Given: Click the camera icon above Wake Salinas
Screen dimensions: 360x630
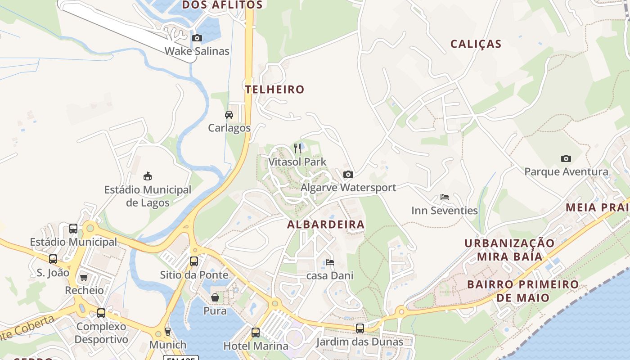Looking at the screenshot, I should pyautogui.click(x=197, y=38).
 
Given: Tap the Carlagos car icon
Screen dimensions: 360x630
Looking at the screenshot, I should pyautogui.click(x=229, y=115).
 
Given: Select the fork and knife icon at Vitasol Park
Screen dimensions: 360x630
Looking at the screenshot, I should pyautogui.click(x=297, y=148).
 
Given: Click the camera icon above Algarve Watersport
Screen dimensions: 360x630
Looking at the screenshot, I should pyautogui.click(x=348, y=175).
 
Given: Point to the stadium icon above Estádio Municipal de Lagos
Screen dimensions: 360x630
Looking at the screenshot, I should pyautogui.click(x=148, y=176).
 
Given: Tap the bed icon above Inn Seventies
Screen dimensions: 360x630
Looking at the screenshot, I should pyautogui.click(x=445, y=197).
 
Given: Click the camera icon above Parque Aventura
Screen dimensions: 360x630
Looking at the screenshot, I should pyautogui.click(x=566, y=158).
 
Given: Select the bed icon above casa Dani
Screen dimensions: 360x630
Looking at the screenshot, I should pyautogui.click(x=330, y=262).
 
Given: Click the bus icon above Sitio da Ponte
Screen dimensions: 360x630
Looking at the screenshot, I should pyautogui.click(x=194, y=261).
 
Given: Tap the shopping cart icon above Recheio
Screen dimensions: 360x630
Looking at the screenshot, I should pyautogui.click(x=84, y=277).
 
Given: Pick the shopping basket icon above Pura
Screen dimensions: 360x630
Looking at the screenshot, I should pyautogui.click(x=215, y=297).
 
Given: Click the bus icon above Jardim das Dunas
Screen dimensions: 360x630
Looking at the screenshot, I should pyautogui.click(x=360, y=328).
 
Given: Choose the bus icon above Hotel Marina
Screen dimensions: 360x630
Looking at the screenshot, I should pyautogui.click(x=256, y=333).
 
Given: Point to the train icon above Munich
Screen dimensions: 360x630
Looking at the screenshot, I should pyautogui.click(x=168, y=332).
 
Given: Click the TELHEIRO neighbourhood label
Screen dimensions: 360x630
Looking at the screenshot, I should pyautogui.click(x=275, y=89).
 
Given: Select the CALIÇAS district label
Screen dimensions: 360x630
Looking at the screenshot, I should pyautogui.click(x=476, y=44).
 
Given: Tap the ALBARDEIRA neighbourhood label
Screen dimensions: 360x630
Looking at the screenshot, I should pyautogui.click(x=326, y=224).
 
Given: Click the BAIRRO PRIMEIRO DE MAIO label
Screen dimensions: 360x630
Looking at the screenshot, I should pyautogui.click(x=523, y=291).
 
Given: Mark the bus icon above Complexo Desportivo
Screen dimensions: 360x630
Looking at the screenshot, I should pyautogui.click(x=101, y=313).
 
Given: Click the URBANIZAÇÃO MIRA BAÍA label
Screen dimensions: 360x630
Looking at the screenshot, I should pyautogui.click(x=510, y=250).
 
